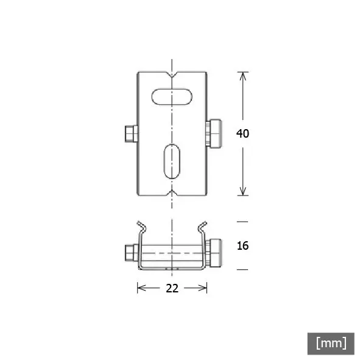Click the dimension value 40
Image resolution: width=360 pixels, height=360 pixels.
click(x=242, y=133)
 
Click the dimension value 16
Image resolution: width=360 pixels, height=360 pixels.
click(x=242, y=245)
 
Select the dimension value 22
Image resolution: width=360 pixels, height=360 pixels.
click(x=172, y=288)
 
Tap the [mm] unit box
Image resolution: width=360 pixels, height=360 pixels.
click(x=331, y=343)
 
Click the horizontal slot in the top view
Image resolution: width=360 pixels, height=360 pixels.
click(x=172, y=97)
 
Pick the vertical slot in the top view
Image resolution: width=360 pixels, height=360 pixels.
click(x=172, y=161)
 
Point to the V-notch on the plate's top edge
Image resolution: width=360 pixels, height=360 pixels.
click(x=172, y=74)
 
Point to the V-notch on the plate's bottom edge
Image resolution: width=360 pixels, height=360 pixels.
click(x=172, y=193)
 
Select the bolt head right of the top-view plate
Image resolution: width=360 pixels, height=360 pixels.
click(x=214, y=133)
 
